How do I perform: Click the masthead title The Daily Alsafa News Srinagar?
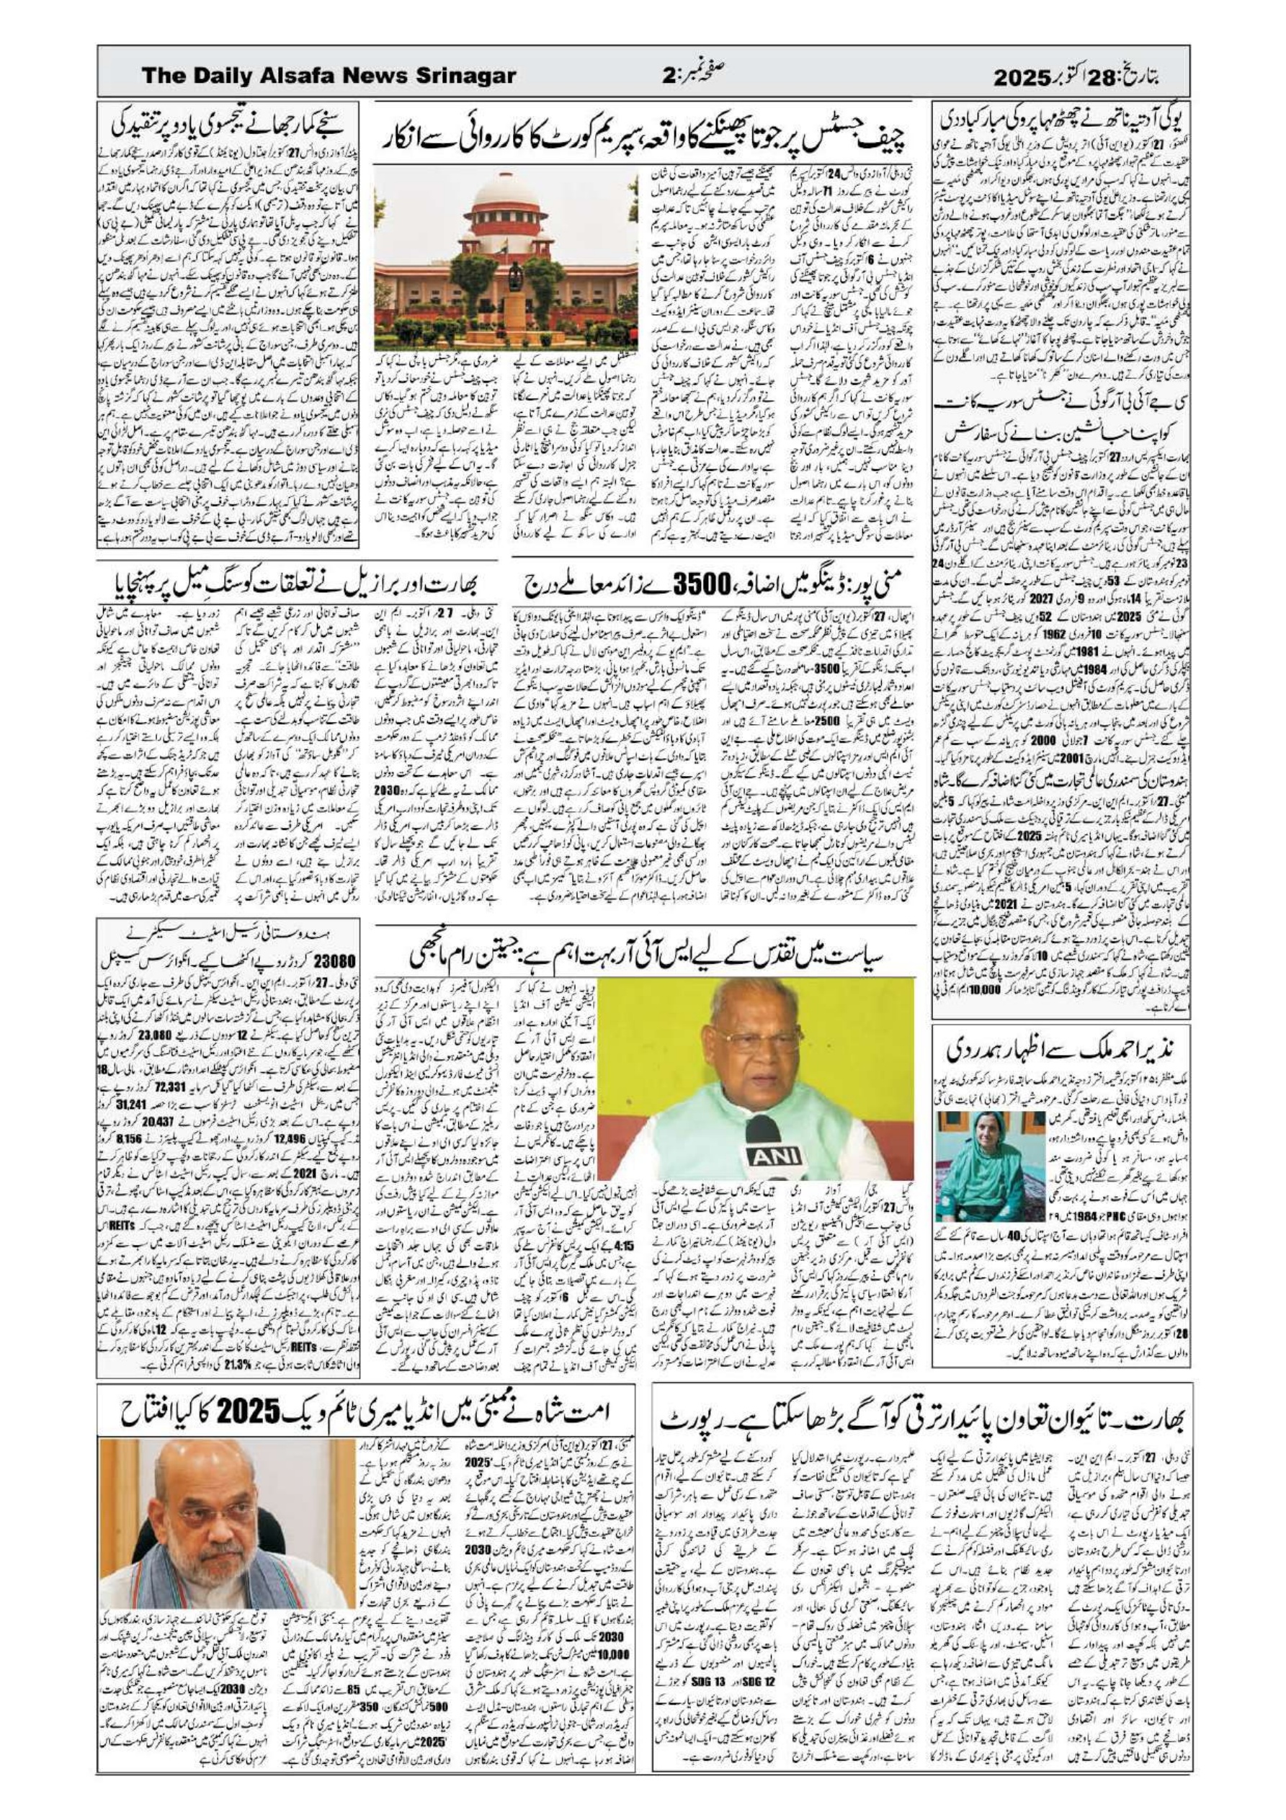pyautogui.click(x=329, y=76)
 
